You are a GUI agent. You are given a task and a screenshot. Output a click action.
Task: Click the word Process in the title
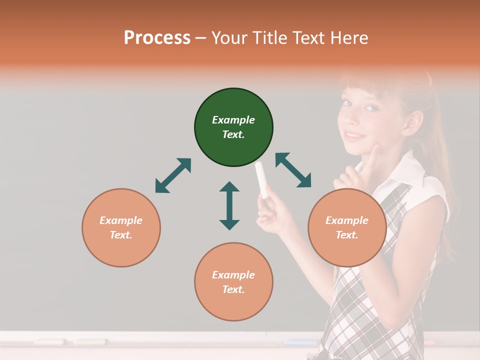pos(157,38)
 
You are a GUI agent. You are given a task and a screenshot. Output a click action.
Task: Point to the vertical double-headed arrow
pos(229,205)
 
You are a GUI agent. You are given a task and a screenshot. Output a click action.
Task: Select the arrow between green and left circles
pos(173,175)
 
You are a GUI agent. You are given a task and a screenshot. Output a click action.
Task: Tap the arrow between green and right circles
pos(293,170)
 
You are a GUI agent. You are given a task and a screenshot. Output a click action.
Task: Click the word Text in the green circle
pos(233,134)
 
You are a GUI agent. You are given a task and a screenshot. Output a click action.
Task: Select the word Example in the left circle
pos(121,220)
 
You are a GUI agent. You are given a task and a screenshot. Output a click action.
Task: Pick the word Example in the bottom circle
pos(233,275)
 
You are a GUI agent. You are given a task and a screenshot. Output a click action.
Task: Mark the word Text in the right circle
pos(346,235)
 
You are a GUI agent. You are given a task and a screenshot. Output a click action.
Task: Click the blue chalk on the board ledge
pos(300,342)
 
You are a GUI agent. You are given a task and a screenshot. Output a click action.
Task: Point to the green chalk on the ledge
pos(90,342)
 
